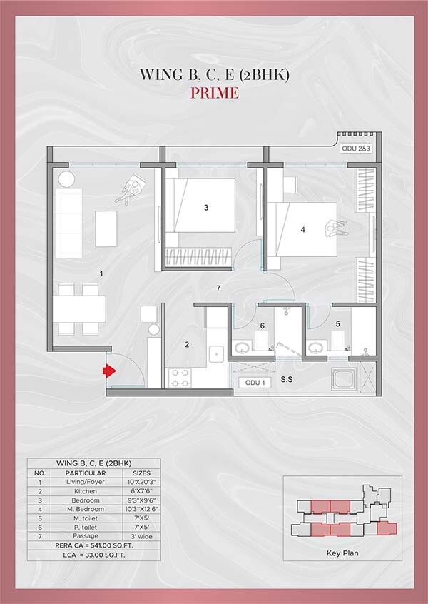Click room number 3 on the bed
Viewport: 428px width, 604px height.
pyautogui.click(x=206, y=208)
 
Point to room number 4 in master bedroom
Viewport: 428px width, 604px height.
pyautogui.click(x=303, y=230)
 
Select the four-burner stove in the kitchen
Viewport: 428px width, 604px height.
pyautogui.click(x=178, y=377)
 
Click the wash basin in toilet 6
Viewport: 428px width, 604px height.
pyautogui.click(x=242, y=348)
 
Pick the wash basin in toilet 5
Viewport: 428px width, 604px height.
pyautogui.click(x=316, y=348)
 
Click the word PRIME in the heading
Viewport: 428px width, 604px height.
pyautogui.click(x=213, y=94)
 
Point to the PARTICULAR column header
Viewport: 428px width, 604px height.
pyautogui.click(x=86, y=473)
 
